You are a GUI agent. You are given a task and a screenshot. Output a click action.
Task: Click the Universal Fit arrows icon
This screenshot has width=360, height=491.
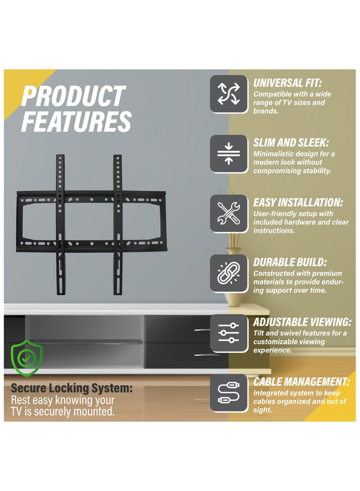click(229, 94)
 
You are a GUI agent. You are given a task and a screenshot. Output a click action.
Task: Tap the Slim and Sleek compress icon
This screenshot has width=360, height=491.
click(229, 153)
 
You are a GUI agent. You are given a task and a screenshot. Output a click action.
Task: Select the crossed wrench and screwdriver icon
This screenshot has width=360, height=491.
click(229, 213)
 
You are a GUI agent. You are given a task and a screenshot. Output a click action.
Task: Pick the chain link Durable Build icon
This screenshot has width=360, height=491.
click(229, 273)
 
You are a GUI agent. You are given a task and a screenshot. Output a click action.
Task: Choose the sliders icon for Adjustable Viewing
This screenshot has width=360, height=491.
click(229, 333)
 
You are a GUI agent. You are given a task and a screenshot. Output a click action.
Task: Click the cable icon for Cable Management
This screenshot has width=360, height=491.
click(229, 393)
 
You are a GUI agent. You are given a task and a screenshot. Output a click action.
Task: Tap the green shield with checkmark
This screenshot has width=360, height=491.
click(26, 358)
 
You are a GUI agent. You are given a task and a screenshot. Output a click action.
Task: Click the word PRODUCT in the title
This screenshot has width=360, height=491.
click(73, 96)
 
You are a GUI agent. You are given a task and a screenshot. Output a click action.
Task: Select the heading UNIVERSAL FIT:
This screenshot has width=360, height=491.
click(287, 83)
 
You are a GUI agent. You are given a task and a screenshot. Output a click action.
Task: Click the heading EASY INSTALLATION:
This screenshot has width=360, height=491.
click(298, 203)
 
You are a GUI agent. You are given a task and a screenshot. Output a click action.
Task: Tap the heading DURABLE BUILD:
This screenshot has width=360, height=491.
click(289, 262)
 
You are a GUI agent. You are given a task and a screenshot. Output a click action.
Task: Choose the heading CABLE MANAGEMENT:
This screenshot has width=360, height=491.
click(301, 382)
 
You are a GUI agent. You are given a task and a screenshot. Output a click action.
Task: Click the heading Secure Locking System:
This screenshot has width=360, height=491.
click(72, 388)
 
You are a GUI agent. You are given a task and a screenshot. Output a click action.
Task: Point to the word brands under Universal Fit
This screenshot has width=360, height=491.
click(265, 111)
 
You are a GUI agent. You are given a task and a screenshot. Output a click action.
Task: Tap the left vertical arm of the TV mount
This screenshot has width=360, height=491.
click(61, 225)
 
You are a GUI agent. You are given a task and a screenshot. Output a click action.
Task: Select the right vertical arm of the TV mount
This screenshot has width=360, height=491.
click(118, 225)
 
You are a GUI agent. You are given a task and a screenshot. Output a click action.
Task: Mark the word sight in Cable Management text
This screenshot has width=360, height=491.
click(262, 410)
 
